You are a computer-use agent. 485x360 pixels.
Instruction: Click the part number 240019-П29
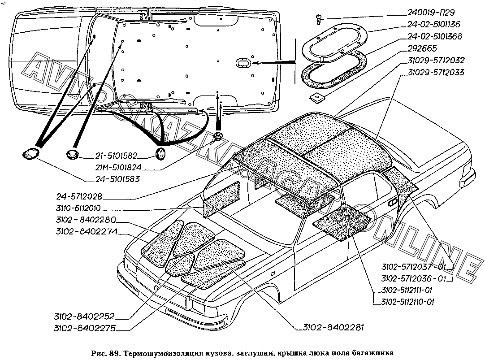tap(434, 13)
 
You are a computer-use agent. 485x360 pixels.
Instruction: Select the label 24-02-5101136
tap(434, 24)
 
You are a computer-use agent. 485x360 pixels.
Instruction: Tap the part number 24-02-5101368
tap(434, 36)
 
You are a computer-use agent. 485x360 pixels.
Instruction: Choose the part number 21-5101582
tap(115, 156)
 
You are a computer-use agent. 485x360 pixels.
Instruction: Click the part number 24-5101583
tap(117, 179)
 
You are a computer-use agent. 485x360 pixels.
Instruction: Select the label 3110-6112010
tap(85, 208)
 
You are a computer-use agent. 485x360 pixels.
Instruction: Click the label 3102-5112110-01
tap(406, 302)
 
